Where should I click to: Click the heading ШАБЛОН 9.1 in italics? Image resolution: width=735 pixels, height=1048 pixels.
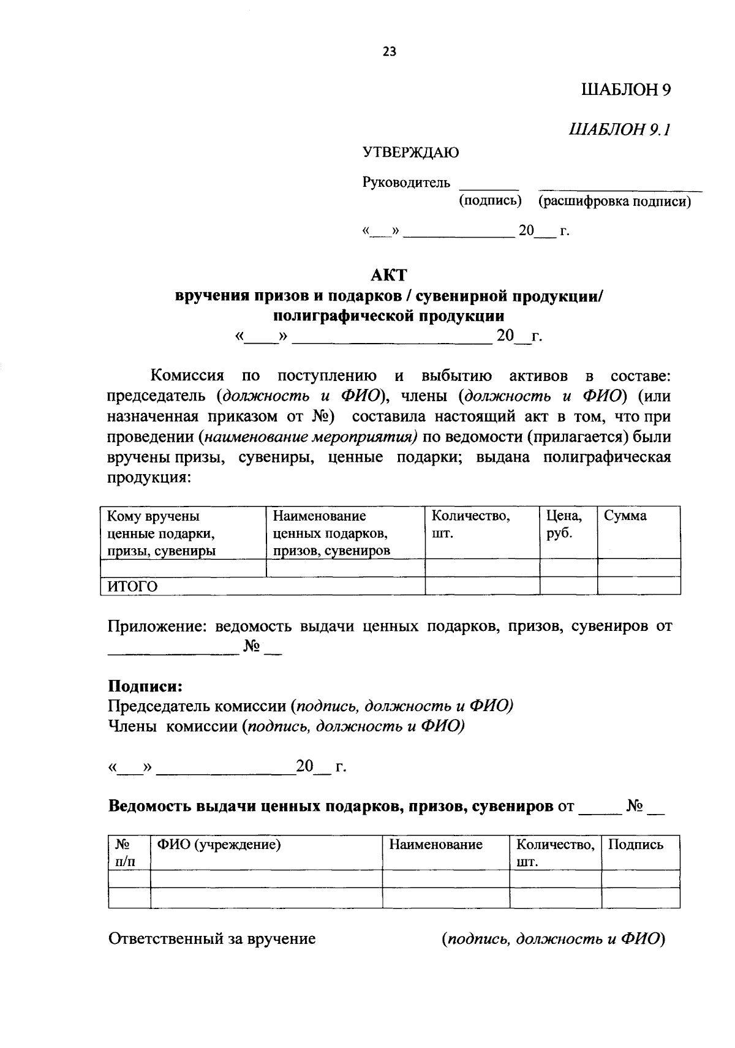coord(620,129)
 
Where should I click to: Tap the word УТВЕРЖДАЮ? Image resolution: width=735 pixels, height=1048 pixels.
coord(410,153)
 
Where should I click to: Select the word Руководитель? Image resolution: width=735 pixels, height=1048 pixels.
coord(406,183)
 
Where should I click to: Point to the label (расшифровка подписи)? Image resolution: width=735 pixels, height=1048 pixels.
coord(614,202)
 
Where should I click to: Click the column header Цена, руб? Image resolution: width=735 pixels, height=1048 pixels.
coord(564,524)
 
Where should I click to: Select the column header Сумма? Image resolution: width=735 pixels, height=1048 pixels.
coord(625,516)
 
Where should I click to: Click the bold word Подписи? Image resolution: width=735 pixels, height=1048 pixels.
coord(145,685)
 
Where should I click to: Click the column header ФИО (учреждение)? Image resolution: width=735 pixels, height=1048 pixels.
coord(219,845)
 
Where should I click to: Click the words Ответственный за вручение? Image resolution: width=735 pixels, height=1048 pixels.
coord(211,938)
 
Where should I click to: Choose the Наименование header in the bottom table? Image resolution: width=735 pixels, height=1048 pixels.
coord(435,845)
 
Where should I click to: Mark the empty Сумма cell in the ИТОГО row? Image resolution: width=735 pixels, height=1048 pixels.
coord(638,586)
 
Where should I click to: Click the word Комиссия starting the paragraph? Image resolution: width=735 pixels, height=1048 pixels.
coord(187,375)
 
